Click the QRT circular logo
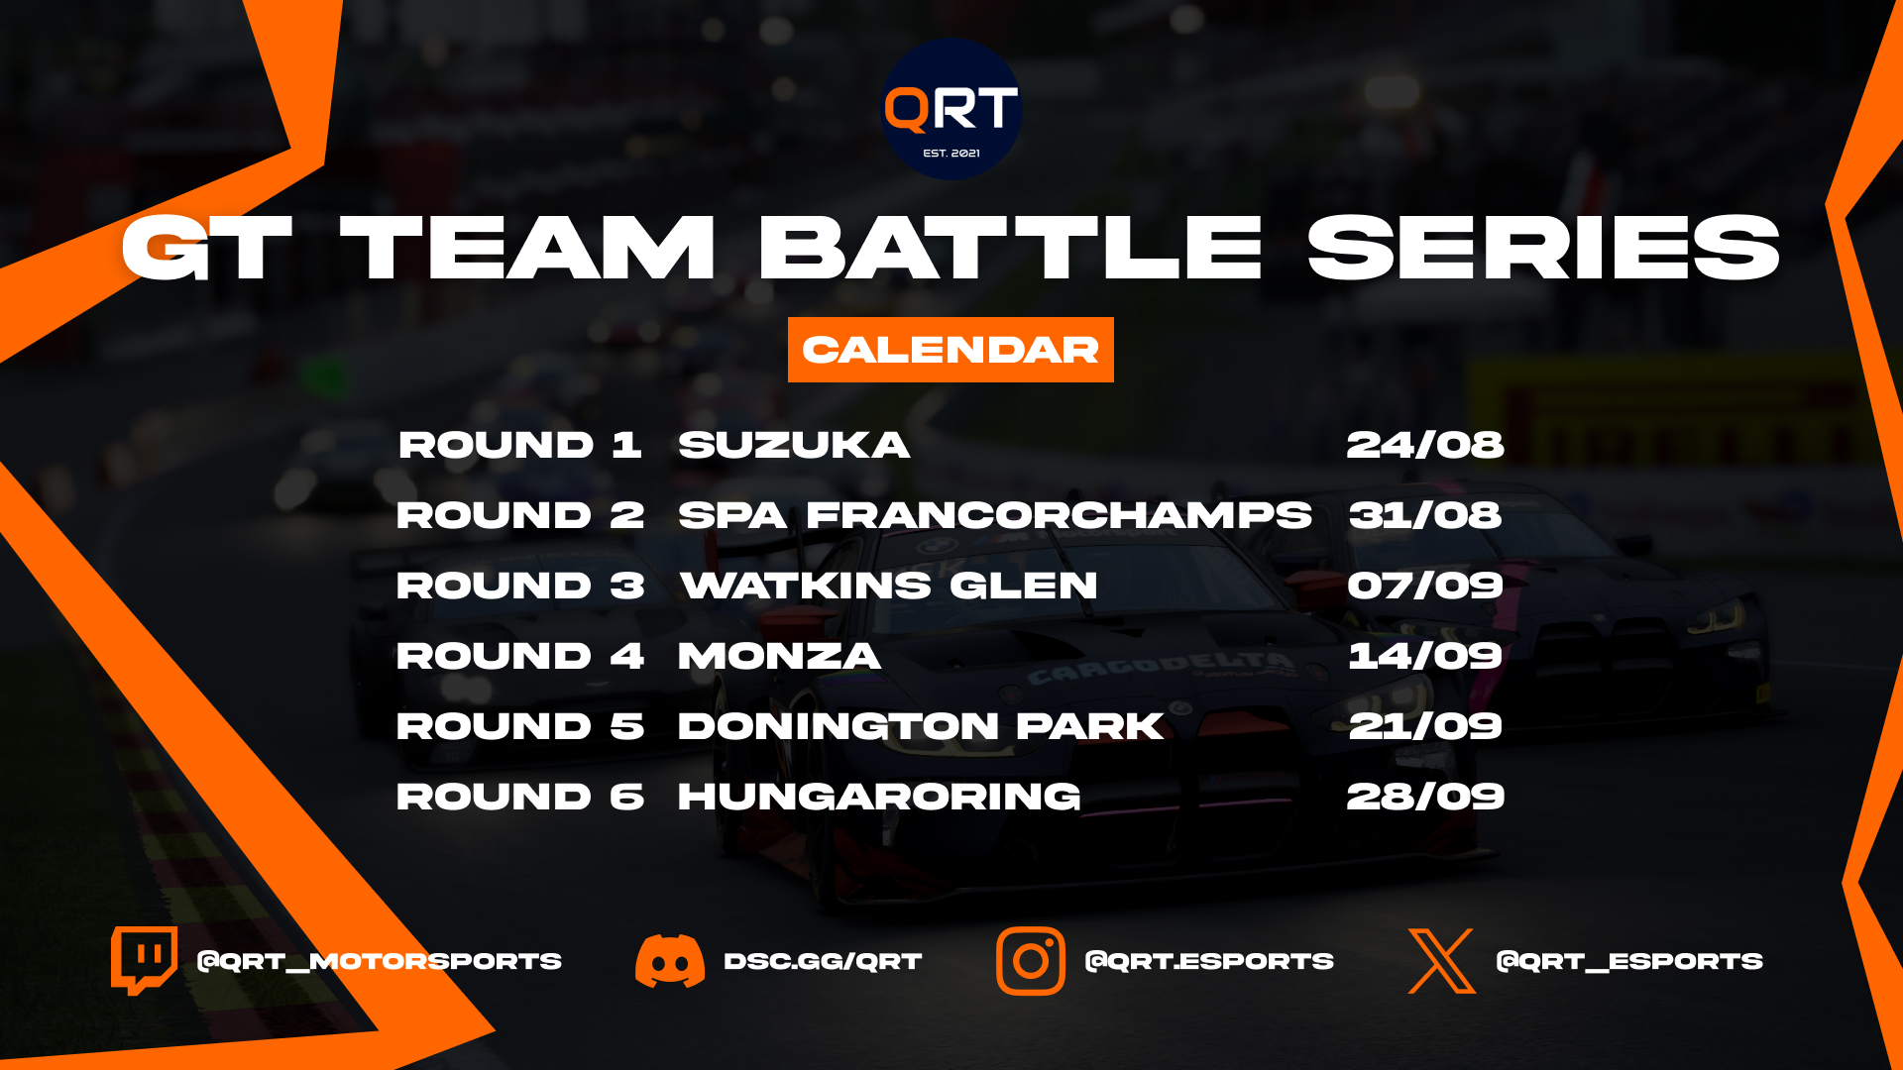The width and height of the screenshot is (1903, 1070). point(951,109)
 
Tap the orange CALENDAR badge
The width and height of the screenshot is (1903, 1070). point(951,350)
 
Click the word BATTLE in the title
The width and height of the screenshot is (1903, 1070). point(1010,248)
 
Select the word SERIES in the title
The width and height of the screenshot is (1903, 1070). point(1543,248)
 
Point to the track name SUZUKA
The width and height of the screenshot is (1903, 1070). point(794,445)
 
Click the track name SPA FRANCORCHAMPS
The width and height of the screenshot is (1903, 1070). point(995,515)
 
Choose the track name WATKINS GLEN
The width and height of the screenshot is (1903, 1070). point(889,586)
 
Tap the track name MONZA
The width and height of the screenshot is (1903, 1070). point(779,656)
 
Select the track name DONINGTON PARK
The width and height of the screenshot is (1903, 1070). point(921,726)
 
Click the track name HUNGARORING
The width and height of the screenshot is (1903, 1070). point(879,797)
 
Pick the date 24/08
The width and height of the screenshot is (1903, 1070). point(1425,445)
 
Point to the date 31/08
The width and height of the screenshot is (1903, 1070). point(1425,515)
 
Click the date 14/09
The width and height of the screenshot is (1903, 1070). point(1425,656)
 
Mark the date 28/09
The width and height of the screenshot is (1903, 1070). point(1425,797)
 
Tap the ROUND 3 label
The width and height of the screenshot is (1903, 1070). point(520,586)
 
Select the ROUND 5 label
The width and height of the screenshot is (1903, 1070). point(520,726)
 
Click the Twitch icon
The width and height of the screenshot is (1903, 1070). point(145,961)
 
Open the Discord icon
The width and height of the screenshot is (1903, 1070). point(670,961)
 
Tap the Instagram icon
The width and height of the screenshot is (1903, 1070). point(1031,961)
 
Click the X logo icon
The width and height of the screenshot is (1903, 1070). point(1442,961)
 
